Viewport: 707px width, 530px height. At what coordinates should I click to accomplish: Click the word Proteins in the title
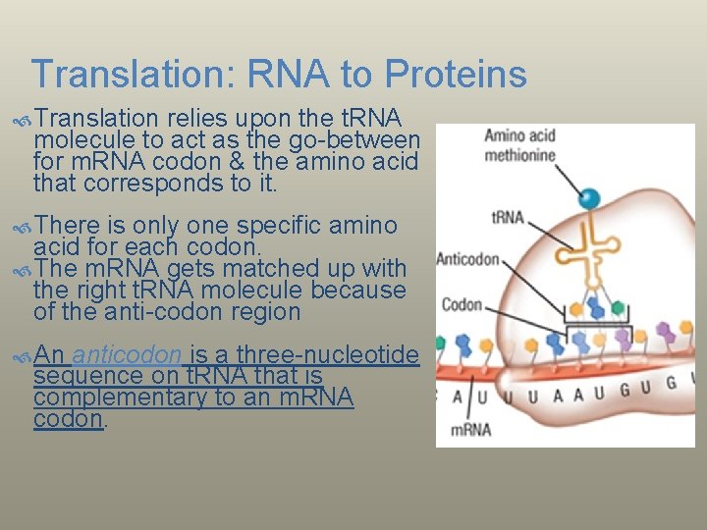click(457, 74)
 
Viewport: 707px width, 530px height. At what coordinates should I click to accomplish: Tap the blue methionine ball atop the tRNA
click(589, 198)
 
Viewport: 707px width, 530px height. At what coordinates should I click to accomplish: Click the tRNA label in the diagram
click(507, 216)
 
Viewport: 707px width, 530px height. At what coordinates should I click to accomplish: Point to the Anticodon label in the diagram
click(467, 260)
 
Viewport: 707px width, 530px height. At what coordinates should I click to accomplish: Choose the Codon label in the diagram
click(462, 304)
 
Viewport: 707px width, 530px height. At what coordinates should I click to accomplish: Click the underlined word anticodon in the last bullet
click(126, 355)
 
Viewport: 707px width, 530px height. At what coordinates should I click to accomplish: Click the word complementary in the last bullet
click(99, 397)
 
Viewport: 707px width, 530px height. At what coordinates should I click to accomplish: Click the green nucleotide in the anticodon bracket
click(618, 306)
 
